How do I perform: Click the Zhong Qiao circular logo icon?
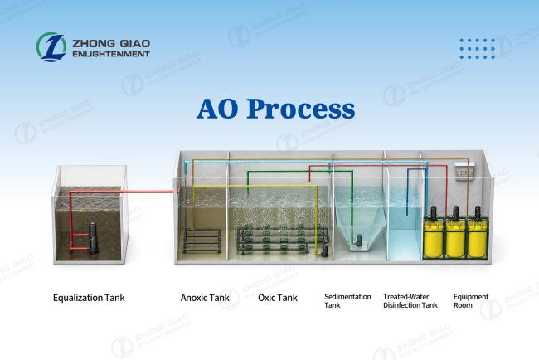coord(51,47)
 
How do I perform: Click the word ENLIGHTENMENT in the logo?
coord(111,54)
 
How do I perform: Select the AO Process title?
coord(275,109)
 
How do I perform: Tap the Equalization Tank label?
coord(89,298)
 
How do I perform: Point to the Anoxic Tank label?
coord(205,298)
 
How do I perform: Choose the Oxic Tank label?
coord(278,298)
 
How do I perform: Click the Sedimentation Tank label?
coord(347,301)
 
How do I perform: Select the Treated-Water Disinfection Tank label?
coord(410,301)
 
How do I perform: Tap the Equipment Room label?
coord(471,301)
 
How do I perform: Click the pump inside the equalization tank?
coord(93,238)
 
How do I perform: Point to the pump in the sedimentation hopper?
coord(358,240)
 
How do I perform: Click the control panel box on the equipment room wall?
coord(464,171)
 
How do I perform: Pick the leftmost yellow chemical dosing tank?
coord(434,238)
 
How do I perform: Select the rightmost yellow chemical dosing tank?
coord(477,238)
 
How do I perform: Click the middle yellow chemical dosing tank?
coord(455,238)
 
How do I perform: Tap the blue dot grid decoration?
coord(477,49)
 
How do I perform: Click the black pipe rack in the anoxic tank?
coord(202,240)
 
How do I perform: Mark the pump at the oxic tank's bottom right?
coord(324,251)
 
